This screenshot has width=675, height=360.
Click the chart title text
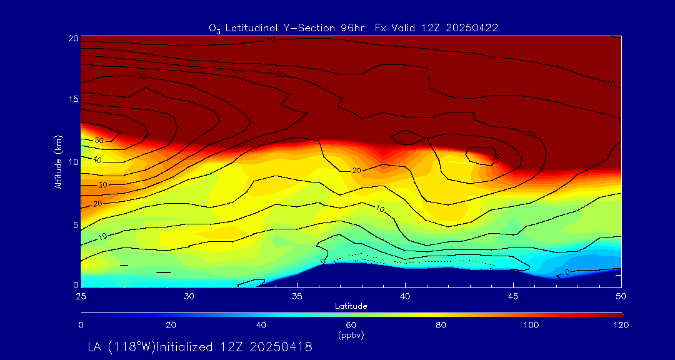point(353,27)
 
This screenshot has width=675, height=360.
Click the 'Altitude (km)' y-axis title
point(57,161)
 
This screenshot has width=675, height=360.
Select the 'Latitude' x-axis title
point(351,306)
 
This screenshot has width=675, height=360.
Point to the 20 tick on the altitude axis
point(72,38)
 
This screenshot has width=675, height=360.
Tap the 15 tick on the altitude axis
point(72,100)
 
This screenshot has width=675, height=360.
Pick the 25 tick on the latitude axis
point(81,295)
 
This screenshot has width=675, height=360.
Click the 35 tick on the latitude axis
point(297,295)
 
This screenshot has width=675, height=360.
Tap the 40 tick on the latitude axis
point(406,295)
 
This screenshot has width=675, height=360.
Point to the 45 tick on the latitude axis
point(514,295)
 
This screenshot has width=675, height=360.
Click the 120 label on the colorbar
point(622,325)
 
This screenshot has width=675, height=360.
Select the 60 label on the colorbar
point(351,325)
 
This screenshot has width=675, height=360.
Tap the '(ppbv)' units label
point(351,335)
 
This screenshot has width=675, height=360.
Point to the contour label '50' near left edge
point(99,141)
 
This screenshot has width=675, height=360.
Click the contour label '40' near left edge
point(97,160)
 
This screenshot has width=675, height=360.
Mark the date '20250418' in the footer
point(281,346)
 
